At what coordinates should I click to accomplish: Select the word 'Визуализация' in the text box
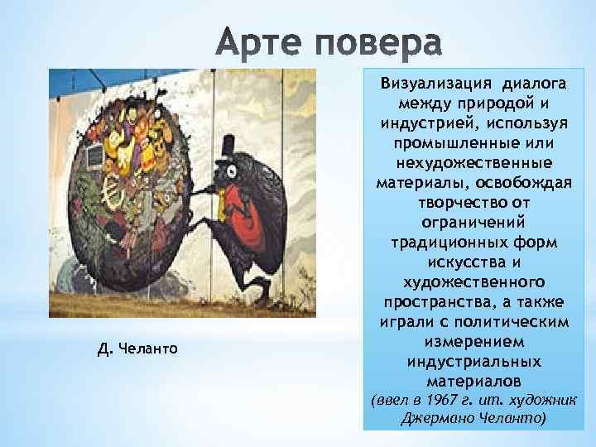(x=426, y=84)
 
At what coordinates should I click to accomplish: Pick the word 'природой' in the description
(x=482, y=103)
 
